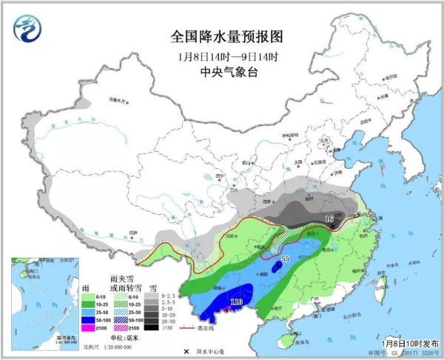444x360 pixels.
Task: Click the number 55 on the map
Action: (x=286, y=259)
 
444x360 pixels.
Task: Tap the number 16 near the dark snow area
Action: (x=330, y=219)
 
